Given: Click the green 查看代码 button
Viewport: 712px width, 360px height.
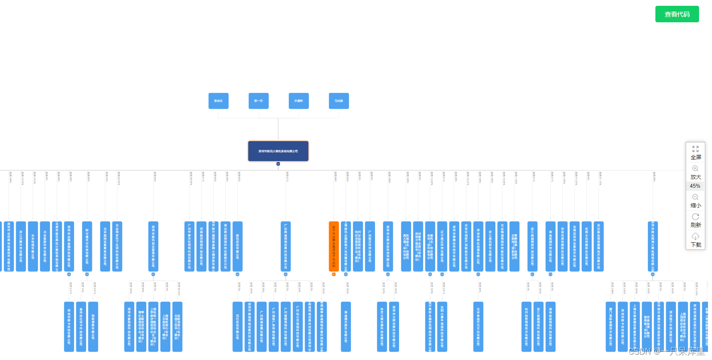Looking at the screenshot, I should click(x=677, y=14).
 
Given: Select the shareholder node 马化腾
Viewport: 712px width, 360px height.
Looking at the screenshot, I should click(x=339, y=101).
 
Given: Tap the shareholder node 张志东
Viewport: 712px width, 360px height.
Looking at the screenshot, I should click(x=218, y=101).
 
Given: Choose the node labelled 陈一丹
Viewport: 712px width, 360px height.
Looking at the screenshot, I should click(x=259, y=101).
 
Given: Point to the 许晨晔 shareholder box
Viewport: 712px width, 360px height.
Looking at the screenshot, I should click(x=299, y=101).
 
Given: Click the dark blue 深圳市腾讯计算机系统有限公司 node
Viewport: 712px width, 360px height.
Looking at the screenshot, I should click(x=278, y=151).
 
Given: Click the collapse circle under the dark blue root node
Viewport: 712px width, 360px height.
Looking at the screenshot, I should click(x=278, y=164).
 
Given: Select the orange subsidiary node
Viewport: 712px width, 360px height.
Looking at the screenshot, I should click(x=333, y=246).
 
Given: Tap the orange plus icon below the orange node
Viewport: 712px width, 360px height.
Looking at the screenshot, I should click(x=333, y=274).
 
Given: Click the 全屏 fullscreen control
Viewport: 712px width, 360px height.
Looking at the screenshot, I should click(x=696, y=153).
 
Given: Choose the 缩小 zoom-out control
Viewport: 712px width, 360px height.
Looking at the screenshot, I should click(x=696, y=201).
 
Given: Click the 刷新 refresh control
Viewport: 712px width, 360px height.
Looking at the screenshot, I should click(x=696, y=220).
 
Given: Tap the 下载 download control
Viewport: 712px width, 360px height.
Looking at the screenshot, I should click(x=696, y=240).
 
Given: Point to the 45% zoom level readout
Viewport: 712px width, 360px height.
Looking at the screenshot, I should click(x=695, y=186).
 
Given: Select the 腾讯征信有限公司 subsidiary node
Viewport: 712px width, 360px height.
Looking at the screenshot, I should click(x=238, y=246).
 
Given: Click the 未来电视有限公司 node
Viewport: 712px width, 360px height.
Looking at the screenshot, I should click(x=33, y=246).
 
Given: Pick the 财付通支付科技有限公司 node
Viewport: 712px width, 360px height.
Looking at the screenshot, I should click(x=87, y=246).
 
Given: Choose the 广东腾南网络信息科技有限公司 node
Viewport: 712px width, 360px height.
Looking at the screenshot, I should click(x=286, y=246).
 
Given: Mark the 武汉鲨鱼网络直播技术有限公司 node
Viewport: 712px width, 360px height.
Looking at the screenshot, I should click(x=599, y=246).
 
